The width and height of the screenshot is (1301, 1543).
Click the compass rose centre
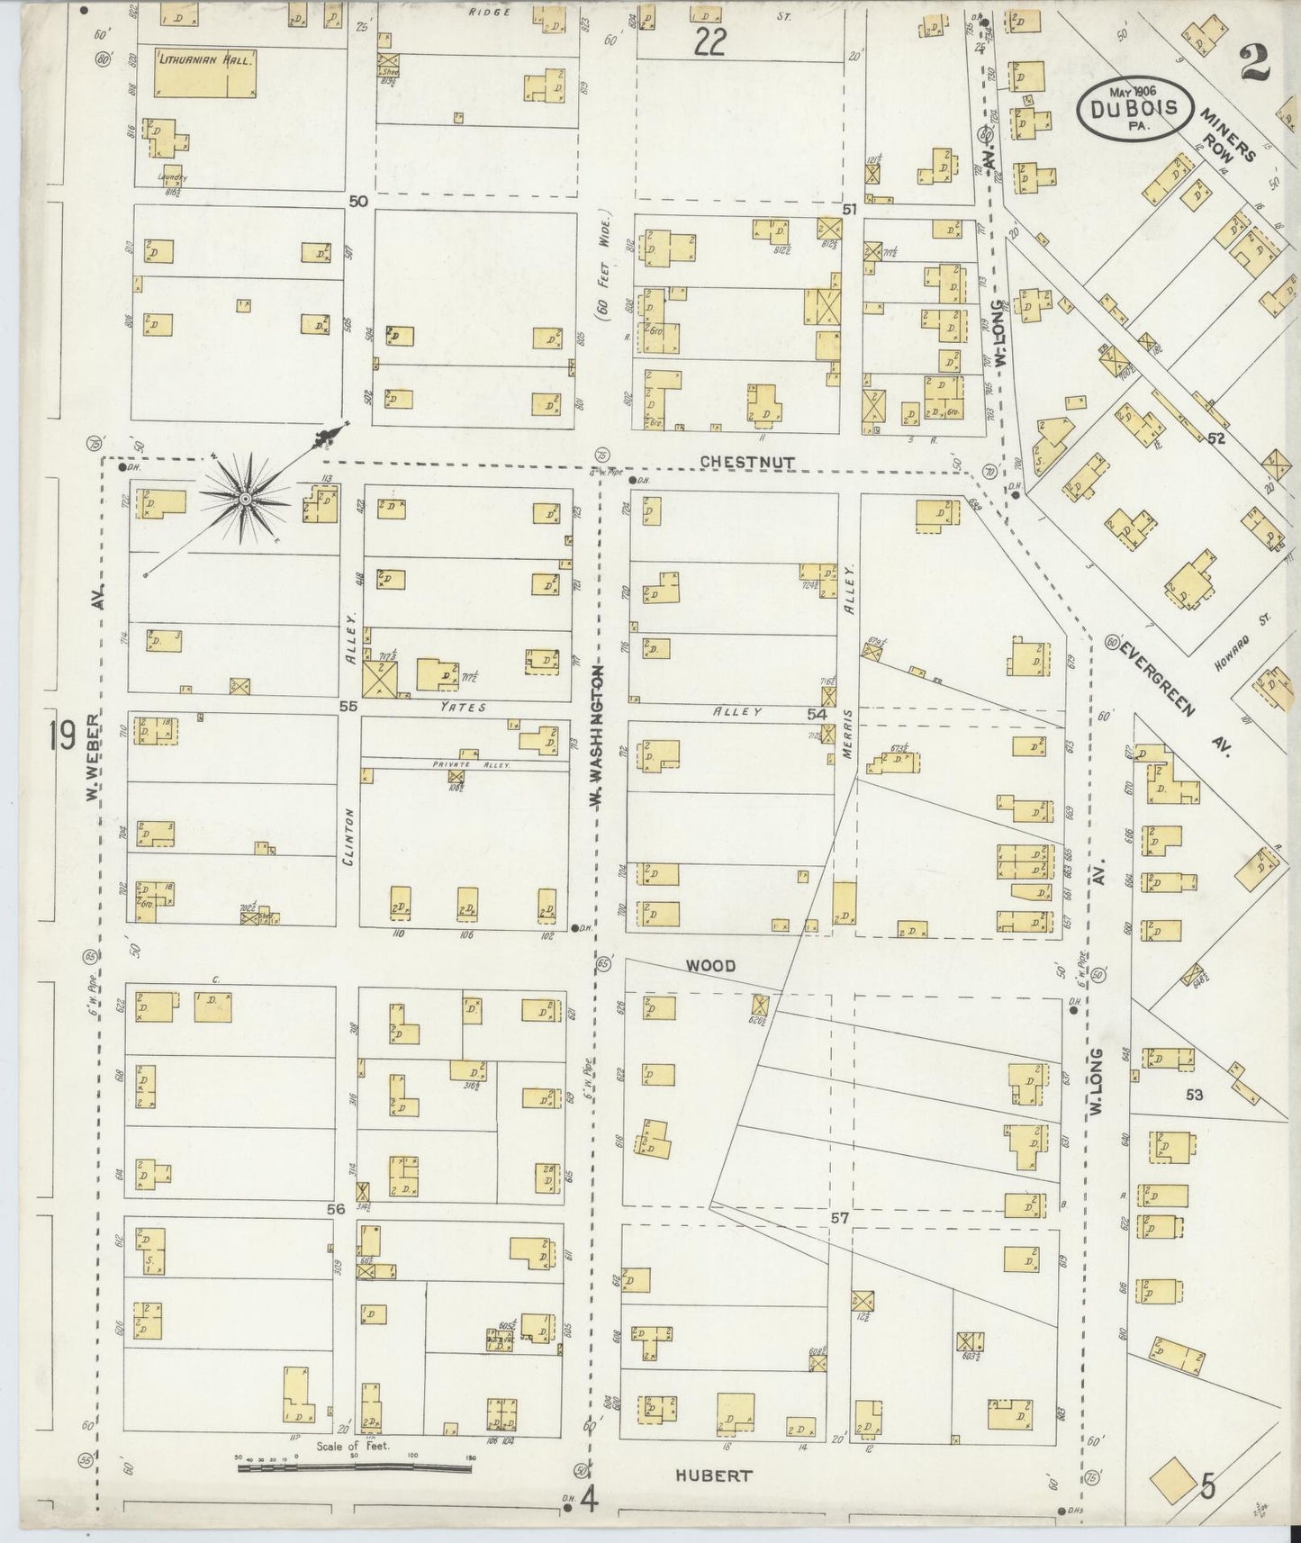point(245,497)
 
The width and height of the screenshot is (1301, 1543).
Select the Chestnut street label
point(747,462)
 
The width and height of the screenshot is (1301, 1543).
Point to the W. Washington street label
point(596,734)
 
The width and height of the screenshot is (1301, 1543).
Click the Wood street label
point(710,966)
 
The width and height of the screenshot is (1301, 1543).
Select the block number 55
point(348,707)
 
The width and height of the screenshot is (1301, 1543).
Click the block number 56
point(336,1210)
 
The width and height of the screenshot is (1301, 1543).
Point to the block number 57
point(839,1217)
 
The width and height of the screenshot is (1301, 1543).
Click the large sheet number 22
point(709,42)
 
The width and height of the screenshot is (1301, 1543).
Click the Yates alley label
point(463,708)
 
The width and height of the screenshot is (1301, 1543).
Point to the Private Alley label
point(471,763)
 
